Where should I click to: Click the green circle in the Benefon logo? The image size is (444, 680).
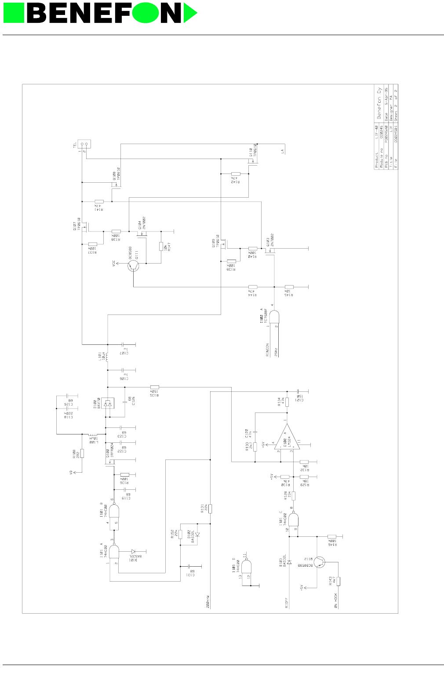[x=146, y=13]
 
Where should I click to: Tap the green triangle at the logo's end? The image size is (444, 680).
[x=189, y=13]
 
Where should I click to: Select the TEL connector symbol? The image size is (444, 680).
[x=84, y=144]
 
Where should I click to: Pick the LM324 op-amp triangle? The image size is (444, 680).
[x=288, y=438]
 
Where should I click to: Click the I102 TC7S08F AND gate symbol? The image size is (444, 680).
[x=274, y=317]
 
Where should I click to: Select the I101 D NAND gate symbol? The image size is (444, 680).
[x=246, y=566]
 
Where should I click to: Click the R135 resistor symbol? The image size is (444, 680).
[x=154, y=387]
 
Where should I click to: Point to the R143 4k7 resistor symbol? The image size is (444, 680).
[x=338, y=581]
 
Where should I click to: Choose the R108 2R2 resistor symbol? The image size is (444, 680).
[x=82, y=454]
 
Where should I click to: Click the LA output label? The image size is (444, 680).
[x=283, y=151]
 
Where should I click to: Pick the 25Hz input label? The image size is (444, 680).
[x=276, y=352]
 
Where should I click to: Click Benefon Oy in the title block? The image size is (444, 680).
[x=379, y=104]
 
